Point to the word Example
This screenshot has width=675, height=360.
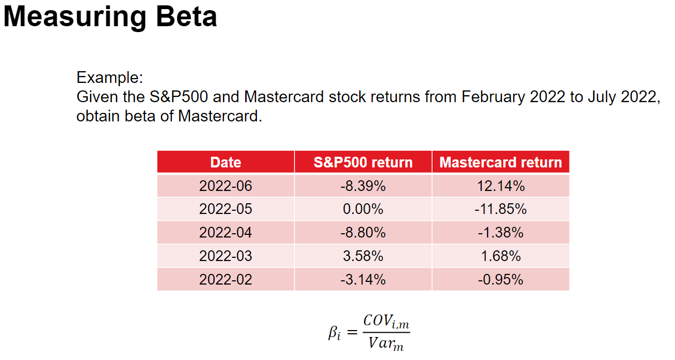(109, 78)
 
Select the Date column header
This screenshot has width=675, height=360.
(225, 162)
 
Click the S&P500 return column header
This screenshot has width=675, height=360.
(363, 162)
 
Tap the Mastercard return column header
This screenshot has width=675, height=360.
(500, 162)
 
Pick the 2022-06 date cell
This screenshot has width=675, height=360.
(225, 186)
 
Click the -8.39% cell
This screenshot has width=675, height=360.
(363, 186)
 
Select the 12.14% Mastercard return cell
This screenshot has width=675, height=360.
(500, 186)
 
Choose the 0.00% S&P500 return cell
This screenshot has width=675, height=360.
(363, 209)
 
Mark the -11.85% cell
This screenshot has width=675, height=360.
(500, 209)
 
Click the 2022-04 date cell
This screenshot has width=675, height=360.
(225, 233)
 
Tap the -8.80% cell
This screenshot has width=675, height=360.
(363, 233)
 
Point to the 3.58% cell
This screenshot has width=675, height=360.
(363, 256)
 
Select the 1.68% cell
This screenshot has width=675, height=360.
(500, 256)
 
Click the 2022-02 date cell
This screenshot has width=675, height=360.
(225, 279)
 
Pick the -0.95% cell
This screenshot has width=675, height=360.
(500, 279)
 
